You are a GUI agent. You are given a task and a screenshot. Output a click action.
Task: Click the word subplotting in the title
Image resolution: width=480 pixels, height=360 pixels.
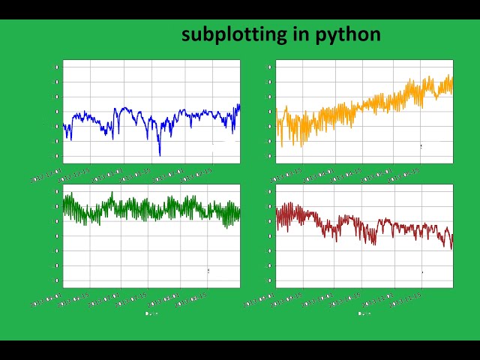coord(233,34)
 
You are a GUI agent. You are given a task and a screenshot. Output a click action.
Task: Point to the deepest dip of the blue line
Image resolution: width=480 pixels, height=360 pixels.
coord(160,154)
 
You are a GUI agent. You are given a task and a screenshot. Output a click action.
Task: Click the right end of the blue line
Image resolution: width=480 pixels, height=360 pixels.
coord(239,105)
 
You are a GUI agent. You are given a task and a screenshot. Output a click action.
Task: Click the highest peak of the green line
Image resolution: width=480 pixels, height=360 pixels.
coord(112,193)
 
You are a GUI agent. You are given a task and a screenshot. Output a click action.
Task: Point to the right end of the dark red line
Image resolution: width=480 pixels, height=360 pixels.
coord(452,234)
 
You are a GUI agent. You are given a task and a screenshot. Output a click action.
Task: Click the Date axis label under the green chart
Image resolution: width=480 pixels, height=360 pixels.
coord(150,313)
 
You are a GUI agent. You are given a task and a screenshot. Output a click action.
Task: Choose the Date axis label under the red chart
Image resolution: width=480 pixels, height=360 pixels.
coord(364,313)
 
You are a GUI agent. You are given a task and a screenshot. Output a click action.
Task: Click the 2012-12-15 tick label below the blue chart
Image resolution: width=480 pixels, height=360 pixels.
coord(74,174)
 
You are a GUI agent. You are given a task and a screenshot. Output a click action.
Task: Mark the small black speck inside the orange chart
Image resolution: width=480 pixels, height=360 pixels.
coord(421,146)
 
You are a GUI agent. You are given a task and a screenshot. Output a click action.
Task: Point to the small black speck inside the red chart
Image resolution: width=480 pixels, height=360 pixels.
coord(421,272)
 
